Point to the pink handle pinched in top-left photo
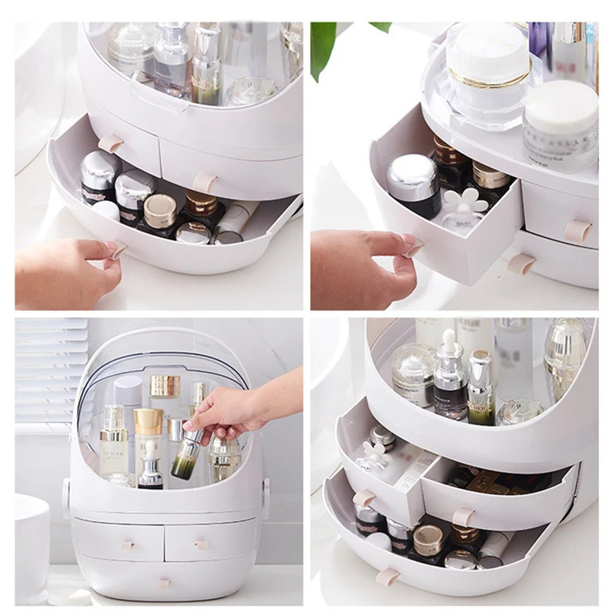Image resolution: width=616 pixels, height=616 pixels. (x=116, y=249)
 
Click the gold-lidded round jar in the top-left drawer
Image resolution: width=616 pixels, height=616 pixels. (x=159, y=209)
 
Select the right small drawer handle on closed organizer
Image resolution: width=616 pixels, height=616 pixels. (x=203, y=544)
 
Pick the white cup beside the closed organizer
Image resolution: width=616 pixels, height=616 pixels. (x=32, y=547)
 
